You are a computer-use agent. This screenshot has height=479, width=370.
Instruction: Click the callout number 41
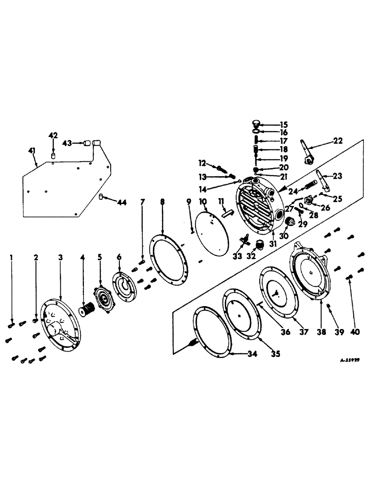32,151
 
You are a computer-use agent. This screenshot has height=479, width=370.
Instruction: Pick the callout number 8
162,202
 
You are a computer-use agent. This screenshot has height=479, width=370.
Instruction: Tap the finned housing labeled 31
259,206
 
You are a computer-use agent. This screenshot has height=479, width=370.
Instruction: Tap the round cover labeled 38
310,273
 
